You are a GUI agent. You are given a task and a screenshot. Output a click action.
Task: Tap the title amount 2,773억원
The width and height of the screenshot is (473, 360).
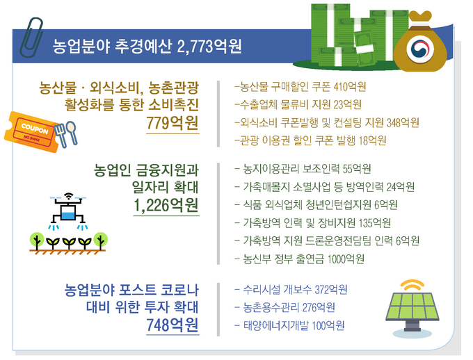pyautogui.click(x=209, y=46)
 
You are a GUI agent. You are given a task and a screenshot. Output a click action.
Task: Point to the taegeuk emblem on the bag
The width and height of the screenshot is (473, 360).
pyautogui.click(x=420, y=49)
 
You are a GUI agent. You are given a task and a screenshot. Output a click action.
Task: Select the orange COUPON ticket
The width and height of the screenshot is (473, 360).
pyautogui.click(x=32, y=131)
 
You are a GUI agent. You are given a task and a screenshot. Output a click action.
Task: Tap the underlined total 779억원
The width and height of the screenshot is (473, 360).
pyautogui.click(x=173, y=123)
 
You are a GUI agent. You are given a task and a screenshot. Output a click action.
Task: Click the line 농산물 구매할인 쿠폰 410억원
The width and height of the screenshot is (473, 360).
pyautogui.click(x=300, y=87)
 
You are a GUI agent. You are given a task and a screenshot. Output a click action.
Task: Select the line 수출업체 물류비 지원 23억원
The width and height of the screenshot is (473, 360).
pyautogui.click(x=298, y=105)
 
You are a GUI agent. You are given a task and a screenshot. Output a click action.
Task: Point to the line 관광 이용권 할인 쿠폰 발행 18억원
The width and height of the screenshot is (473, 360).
pyautogui.click(x=310, y=140)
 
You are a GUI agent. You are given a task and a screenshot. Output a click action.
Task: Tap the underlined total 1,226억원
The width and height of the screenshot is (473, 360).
pyautogui.click(x=166, y=205)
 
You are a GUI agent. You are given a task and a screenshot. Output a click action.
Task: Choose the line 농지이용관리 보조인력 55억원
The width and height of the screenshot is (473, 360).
pyautogui.click(x=303, y=169)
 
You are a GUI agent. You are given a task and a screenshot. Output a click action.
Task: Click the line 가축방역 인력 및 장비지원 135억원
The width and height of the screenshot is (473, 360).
pyautogui.click(x=313, y=223)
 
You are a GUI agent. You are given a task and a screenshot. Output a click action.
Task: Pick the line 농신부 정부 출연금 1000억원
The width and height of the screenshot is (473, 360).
pyautogui.click(x=300, y=259)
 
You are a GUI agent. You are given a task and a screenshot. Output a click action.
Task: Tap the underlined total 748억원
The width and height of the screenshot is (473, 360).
pyautogui.click(x=173, y=325)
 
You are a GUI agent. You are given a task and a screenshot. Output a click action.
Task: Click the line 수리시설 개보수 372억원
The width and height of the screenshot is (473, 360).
pyautogui.click(x=291, y=290)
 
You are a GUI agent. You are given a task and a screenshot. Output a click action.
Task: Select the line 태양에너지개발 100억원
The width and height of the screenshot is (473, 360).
pyautogui.click(x=289, y=326)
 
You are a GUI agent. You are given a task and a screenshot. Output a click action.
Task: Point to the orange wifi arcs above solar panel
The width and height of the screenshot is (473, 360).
pyautogui.click(x=412, y=285)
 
